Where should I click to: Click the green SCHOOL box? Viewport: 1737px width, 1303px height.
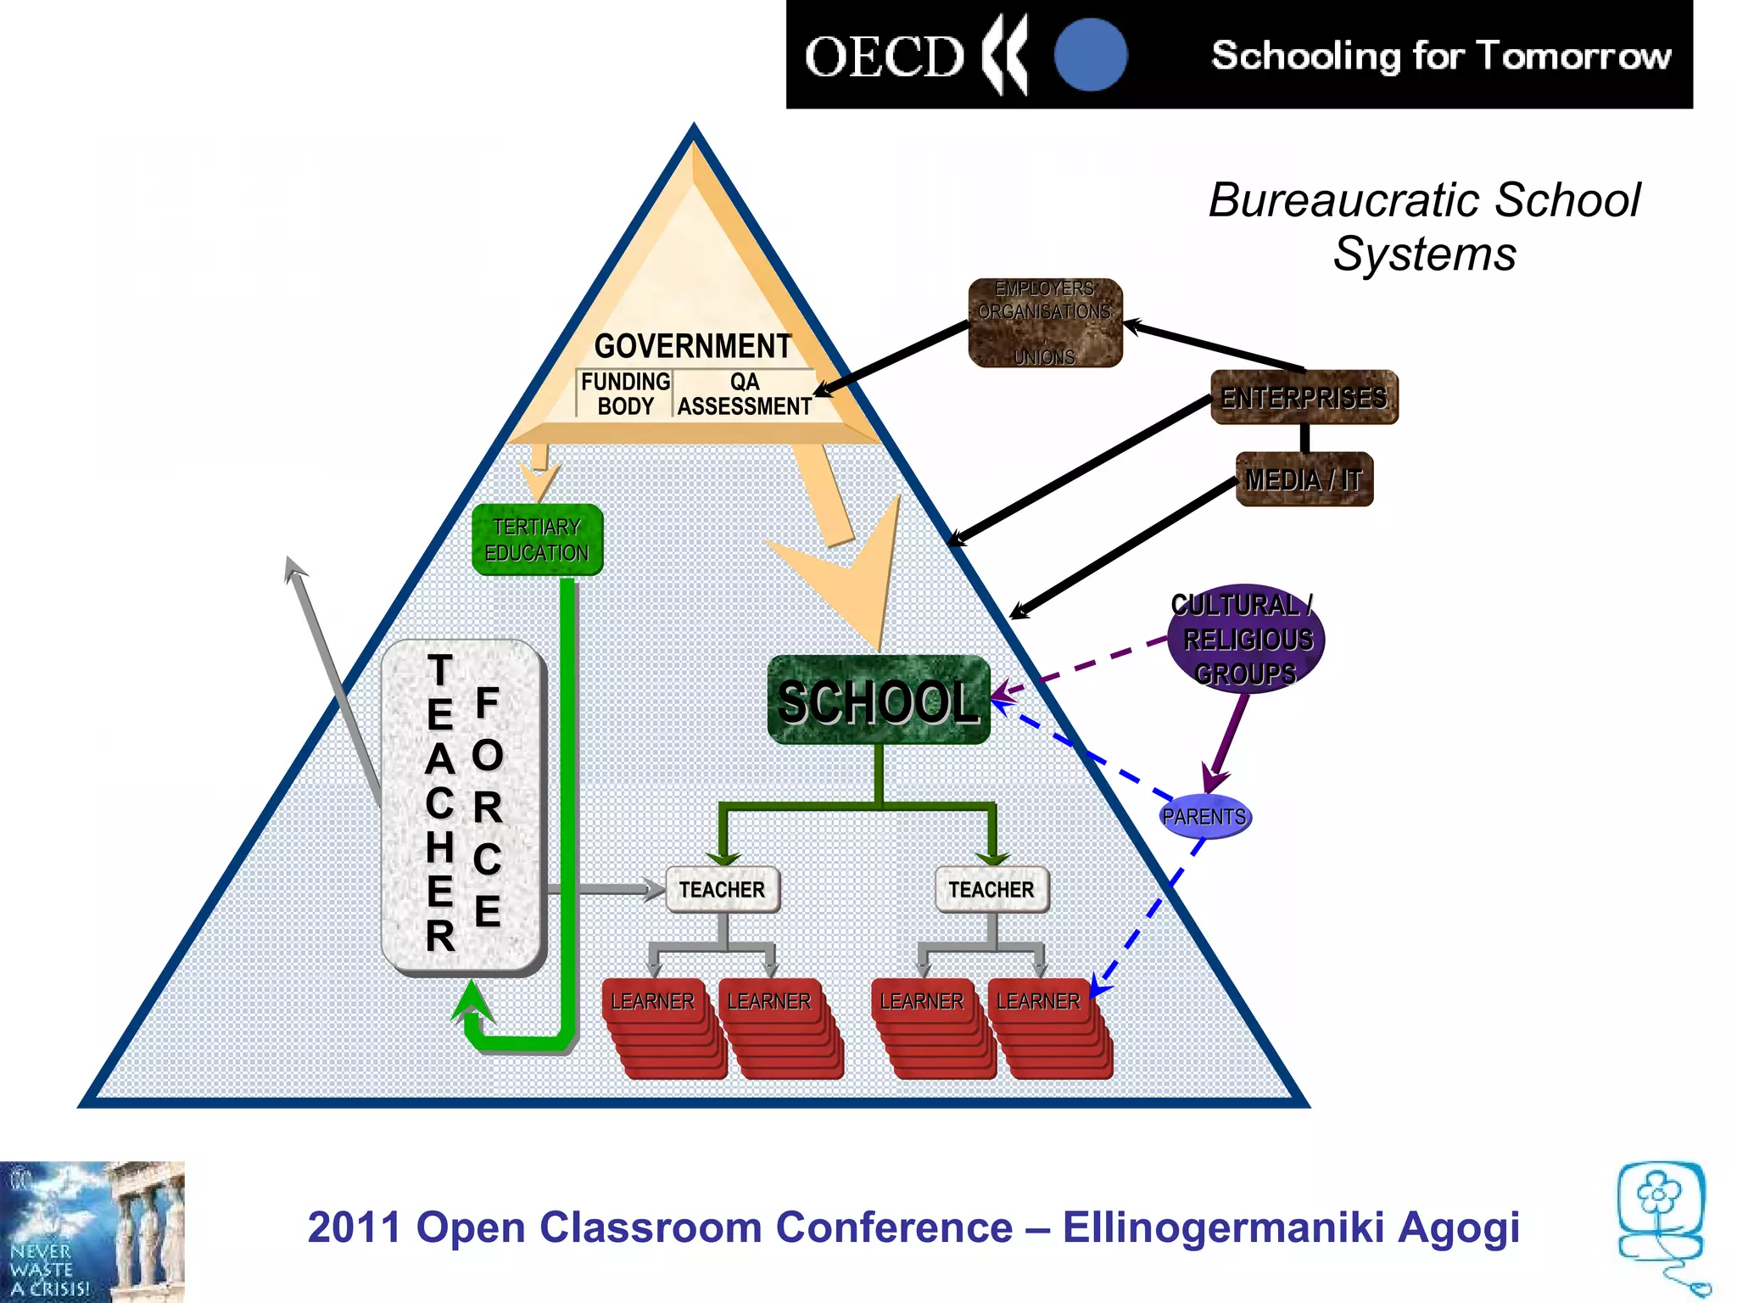coord(879,701)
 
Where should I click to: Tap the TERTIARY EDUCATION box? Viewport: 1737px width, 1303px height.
coord(537,540)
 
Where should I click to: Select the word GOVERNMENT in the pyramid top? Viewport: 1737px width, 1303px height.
coord(692,346)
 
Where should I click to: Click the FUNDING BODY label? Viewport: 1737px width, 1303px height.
coord(625,394)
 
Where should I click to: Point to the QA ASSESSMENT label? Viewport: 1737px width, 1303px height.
coord(744,394)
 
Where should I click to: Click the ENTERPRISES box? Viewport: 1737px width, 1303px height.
coord(1304,397)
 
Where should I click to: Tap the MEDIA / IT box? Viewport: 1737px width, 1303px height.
coord(1304,479)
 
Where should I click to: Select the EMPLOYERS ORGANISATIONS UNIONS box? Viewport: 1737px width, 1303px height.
coord(1045,322)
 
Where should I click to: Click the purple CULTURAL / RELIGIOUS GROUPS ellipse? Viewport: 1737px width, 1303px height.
coord(1245,639)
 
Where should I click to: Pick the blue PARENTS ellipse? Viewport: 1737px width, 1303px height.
coord(1204,816)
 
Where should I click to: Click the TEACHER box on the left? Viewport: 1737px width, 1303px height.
coord(722,889)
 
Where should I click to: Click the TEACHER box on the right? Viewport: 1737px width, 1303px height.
coord(991,889)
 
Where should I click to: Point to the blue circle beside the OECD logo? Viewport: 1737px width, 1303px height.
coord(1091,54)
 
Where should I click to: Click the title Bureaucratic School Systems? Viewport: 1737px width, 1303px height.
coord(1424,226)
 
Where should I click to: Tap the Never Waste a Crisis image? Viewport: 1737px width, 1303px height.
coord(92,1232)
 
